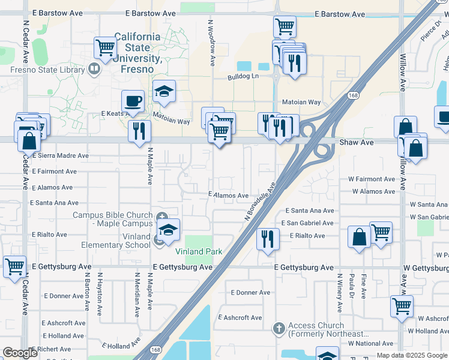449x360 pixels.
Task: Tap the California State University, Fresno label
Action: [137, 47]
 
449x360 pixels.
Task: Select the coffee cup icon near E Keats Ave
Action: [133, 101]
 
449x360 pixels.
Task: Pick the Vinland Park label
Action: [199, 251]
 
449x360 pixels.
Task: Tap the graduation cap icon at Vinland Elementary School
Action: [169, 230]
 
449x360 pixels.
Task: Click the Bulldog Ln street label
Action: [243, 76]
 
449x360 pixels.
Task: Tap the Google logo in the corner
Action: [20, 353]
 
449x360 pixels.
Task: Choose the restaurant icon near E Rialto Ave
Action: [267, 238]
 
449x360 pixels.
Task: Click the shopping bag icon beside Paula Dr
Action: [359, 236]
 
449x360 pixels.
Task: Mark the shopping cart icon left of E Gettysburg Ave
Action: [14, 266]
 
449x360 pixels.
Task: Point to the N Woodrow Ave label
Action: [211, 41]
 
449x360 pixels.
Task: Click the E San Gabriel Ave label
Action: [309, 223]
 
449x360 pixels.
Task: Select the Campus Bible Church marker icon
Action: [161, 217]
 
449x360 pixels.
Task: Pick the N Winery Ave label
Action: [339, 294]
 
